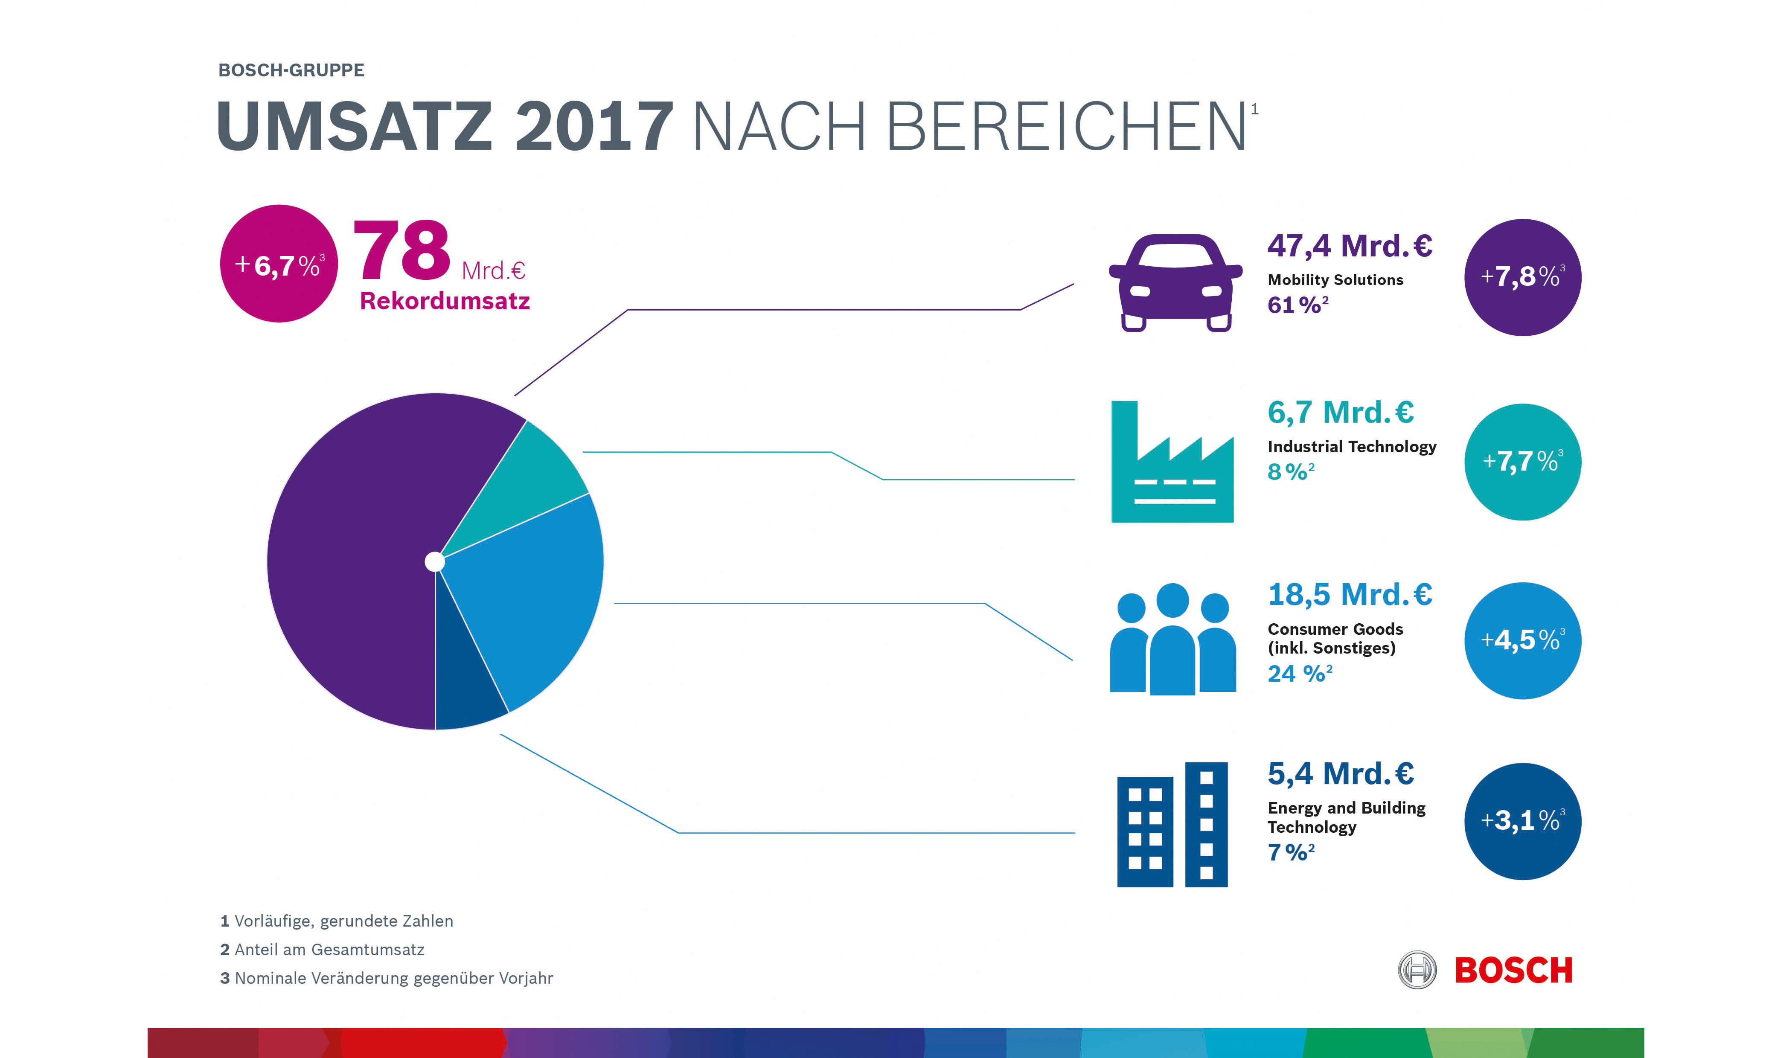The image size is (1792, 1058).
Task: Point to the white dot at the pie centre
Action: pos(435,562)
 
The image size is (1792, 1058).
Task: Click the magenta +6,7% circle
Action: pos(279,264)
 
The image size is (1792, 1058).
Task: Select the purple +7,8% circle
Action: pos(1522,277)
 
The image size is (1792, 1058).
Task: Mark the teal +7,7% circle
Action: pos(1522,462)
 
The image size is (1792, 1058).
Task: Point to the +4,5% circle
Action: pos(1522,640)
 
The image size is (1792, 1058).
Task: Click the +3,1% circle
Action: pos(1522,821)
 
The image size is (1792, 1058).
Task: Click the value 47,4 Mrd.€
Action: pos(1350,246)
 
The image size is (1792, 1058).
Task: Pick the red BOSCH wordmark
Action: pos(1513,970)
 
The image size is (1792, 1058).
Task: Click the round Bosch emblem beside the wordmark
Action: pos(1417,970)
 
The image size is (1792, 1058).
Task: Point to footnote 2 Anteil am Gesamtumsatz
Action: pos(322,950)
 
